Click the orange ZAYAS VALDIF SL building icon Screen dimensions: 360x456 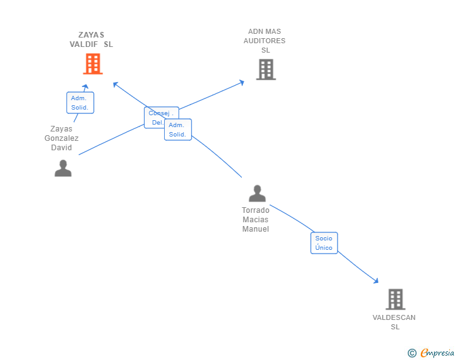[x=92, y=64]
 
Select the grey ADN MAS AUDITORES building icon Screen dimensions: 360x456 [x=266, y=69]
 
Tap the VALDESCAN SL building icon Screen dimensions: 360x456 [x=395, y=299]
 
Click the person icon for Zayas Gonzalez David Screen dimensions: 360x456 [x=63, y=168]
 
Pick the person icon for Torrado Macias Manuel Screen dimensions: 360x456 [x=257, y=193]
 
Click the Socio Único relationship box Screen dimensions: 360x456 [x=324, y=243]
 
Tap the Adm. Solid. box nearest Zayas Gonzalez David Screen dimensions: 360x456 [x=80, y=103]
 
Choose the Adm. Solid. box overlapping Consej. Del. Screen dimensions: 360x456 [x=178, y=130]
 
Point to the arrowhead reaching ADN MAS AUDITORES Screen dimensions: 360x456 [x=242, y=81]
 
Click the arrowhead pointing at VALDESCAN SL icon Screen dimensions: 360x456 [x=376, y=281]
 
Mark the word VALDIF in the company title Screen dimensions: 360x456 [x=84, y=44]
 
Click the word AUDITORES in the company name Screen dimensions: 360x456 [x=264, y=41]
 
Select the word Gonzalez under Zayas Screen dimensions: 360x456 [x=61, y=138]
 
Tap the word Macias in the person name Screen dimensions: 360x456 [x=256, y=220]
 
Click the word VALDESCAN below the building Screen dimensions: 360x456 [x=394, y=317]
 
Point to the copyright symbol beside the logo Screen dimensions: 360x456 [x=412, y=353]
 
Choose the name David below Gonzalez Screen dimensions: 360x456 [x=61, y=148]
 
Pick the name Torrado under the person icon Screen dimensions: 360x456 [x=256, y=210]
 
